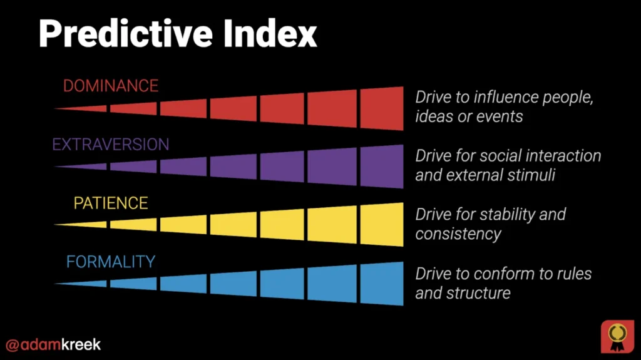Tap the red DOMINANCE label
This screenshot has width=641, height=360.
tap(110, 86)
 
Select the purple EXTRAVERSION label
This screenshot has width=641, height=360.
tap(110, 145)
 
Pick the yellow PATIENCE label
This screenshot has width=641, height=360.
tap(111, 203)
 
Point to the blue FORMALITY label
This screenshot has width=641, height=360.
tap(110, 262)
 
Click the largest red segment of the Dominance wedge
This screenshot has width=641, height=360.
tap(382, 108)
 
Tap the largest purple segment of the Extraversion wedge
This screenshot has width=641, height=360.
tap(382, 167)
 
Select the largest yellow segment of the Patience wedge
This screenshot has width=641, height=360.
tap(382, 224)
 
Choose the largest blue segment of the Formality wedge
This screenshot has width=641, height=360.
tap(382, 283)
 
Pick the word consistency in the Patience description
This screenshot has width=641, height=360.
tap(458, 234)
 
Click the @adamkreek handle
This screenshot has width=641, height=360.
tap(53, 344)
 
